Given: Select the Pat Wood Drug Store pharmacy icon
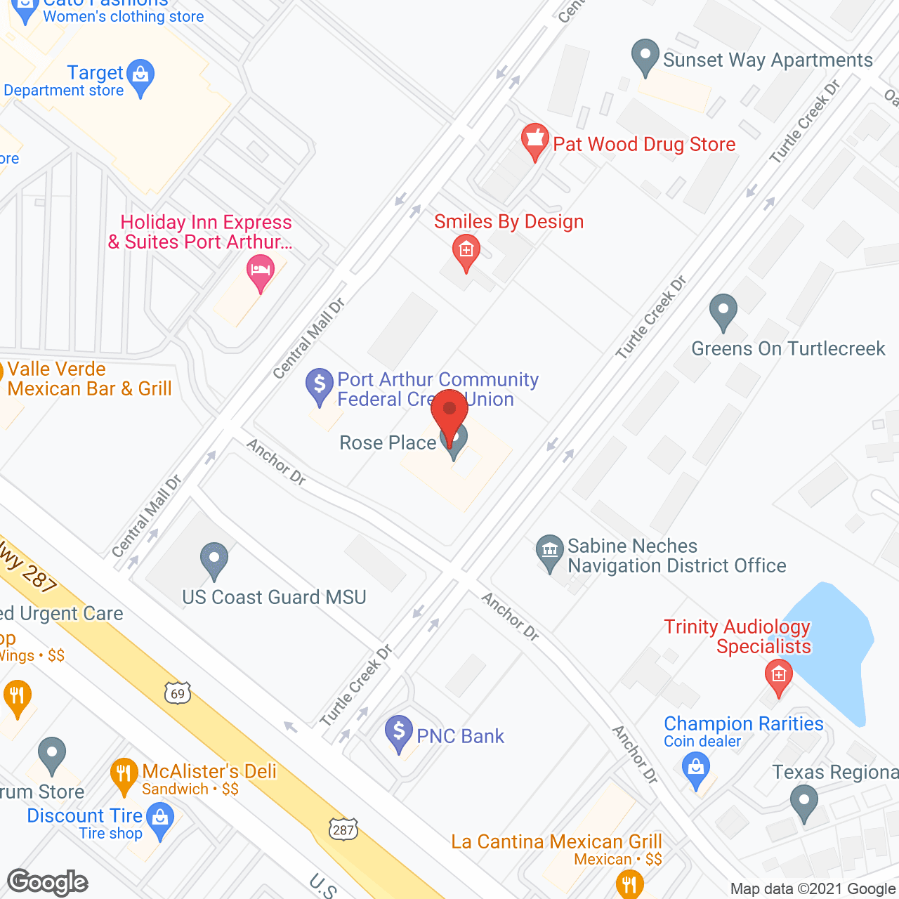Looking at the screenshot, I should point(534,140).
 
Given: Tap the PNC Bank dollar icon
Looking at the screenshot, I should point(399,733).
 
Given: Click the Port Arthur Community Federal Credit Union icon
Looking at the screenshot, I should point(320,386).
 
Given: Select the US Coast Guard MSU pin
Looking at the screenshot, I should point(214,560).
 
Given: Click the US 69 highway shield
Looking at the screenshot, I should point(178,693).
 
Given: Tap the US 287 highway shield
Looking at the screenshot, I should point(343,829).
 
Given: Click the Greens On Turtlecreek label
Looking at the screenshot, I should point(788,348).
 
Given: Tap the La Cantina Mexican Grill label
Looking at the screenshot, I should point(556,841).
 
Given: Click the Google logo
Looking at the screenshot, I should point(48,882).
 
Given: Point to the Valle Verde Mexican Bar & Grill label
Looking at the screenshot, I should point(89,379).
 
